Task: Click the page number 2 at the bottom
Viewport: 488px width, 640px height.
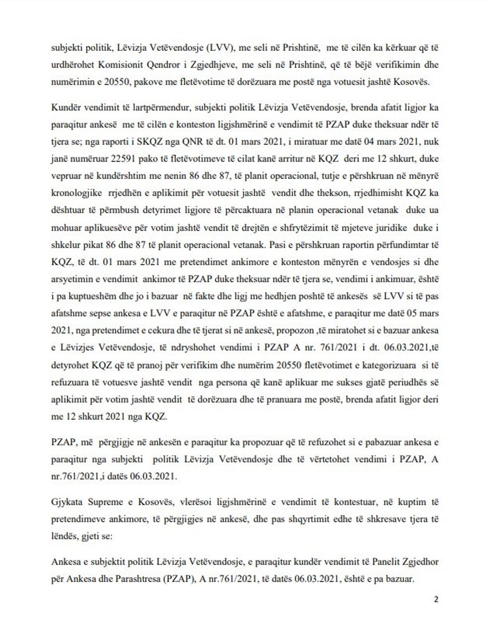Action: click(x=436, y=600)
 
